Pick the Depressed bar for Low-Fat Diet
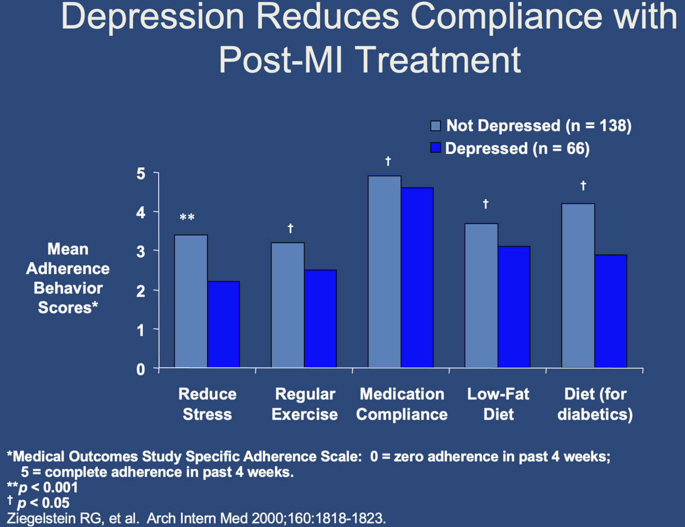point(514,306)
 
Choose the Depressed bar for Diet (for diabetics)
point(611,311)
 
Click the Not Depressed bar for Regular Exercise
point(288,305)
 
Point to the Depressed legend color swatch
point(435,148)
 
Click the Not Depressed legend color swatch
point(435,125)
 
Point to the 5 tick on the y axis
point(141,174)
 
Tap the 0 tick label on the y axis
point(141,369)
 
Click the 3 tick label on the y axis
point(141,252)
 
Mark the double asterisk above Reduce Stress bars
point(187,218)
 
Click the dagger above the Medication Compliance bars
point(388,161)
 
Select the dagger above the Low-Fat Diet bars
point(485,204)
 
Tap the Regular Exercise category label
point(305,404)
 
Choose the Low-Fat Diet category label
point(498,404)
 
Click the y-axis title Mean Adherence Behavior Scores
point(68,278)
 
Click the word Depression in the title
point(153,16)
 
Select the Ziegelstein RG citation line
point(196,518)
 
